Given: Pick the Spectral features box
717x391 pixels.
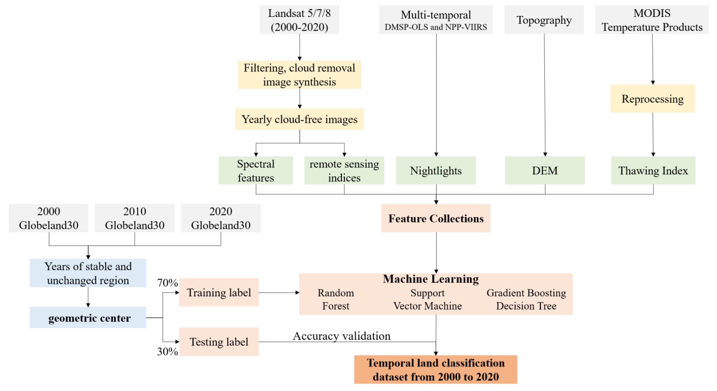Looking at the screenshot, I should click(x=256, y=170).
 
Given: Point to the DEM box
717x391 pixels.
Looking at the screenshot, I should click(x=545, y=170).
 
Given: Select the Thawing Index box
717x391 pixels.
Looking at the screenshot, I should click(x=653, y=170).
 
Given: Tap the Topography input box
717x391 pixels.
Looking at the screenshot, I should click(x=544, y=20).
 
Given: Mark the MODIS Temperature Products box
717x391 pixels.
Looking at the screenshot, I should click(x=652, y=20).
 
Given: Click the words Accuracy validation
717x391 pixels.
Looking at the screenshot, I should click(x=342, y=336).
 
